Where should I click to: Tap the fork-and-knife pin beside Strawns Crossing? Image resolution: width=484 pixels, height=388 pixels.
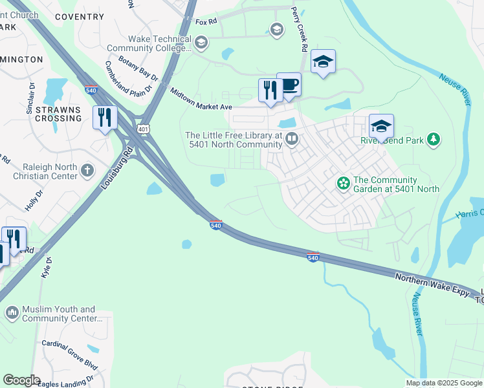pos(104,118)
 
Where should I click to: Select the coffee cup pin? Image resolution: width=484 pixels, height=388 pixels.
pos(289,85)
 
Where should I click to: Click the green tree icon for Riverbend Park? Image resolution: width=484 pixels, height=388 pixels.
pos(434,139)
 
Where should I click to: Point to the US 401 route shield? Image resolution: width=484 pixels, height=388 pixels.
pos(142,129)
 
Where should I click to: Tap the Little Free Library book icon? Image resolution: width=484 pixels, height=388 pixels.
pos(292,139)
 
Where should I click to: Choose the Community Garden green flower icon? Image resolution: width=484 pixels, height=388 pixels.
pos(343,184)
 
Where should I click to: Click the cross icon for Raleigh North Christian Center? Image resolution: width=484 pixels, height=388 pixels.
pos(87,171)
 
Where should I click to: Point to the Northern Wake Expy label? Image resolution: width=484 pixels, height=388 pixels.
pos(432,285)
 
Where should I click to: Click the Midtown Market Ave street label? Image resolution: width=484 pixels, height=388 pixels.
pos(201,100)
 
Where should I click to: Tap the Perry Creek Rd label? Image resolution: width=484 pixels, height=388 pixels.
pos(300,30)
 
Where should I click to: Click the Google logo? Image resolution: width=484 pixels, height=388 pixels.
pos(21,380)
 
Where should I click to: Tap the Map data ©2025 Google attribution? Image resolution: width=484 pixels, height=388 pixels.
pos(443,383)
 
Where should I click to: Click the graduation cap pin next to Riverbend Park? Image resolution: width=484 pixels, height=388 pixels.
pos(381,126)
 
